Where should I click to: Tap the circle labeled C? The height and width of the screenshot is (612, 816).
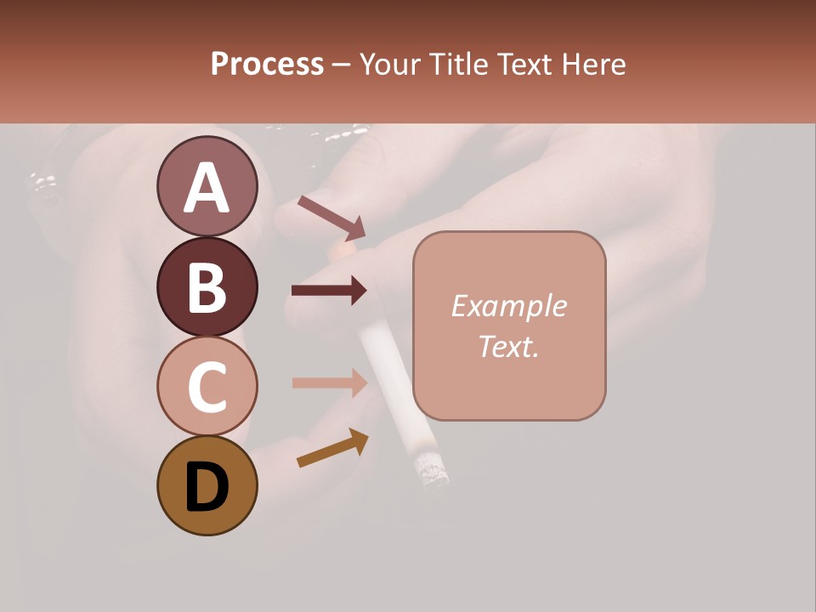(207, 386)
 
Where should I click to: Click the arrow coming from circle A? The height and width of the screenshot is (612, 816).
(331, 218)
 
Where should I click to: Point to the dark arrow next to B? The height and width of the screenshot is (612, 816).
(329, 291)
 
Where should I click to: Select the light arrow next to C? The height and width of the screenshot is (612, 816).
(329, 382)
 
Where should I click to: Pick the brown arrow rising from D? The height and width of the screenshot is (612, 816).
(332, 448)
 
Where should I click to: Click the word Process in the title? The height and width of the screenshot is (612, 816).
(267, 64)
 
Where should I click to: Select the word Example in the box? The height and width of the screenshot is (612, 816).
(508, 306)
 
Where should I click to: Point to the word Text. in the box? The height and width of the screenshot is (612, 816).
(508, 346)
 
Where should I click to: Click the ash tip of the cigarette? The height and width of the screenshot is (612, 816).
(430, 470)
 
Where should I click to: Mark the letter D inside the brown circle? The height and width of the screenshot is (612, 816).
(207, 488)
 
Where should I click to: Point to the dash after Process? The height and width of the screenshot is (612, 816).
(342, 65)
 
